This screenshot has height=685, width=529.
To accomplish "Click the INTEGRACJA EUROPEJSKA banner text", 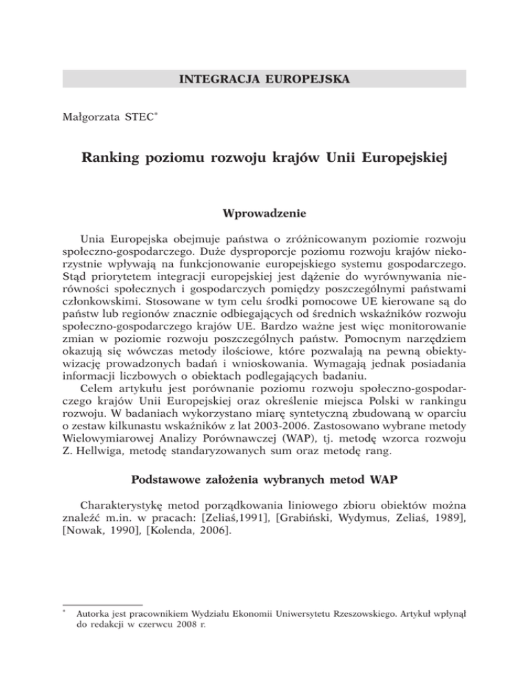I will pos(264,79).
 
